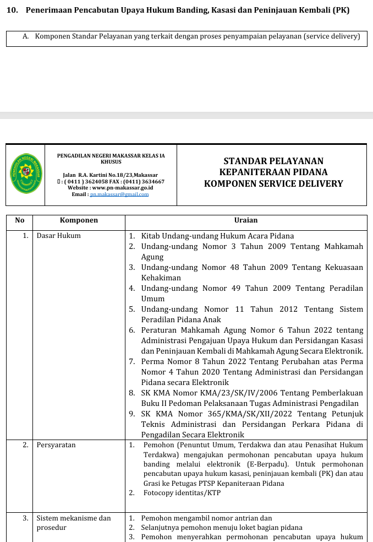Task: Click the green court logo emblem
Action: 26,173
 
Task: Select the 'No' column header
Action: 20,220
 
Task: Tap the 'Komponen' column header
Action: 79,220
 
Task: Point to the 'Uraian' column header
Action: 245,220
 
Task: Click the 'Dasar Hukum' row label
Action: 58,236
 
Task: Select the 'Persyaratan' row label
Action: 56,445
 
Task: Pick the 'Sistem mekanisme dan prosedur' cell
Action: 74,523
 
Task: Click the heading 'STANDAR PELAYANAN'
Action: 273,161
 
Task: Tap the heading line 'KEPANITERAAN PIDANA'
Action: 273,172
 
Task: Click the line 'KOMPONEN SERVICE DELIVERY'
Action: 273,184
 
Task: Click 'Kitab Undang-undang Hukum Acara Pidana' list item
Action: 217,236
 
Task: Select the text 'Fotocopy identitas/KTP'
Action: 182,493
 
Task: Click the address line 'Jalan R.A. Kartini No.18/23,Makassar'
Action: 111,175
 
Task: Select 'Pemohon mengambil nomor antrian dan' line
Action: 206,518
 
